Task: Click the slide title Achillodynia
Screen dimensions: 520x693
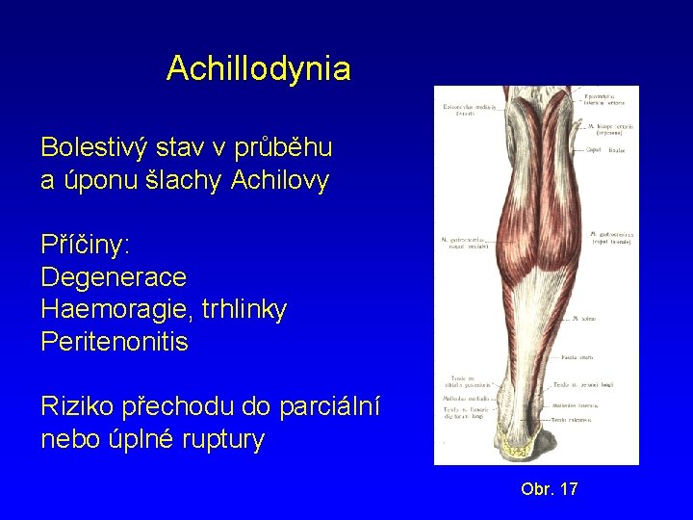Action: pos(258,68)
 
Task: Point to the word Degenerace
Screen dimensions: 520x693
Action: pos(114,277)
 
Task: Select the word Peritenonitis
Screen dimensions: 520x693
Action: pos(115,342)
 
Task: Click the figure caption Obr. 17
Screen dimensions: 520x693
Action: pos(549,489)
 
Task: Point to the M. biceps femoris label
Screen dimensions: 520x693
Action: pos(611,128)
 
